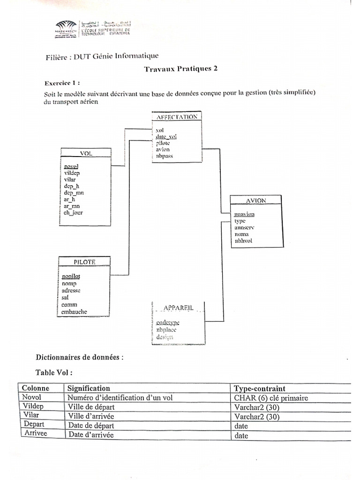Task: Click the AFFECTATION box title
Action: (x=177, y=117)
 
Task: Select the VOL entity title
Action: (x=86, y=153)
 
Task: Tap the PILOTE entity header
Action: (x=84, y=262)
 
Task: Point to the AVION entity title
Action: (x=256, y=200)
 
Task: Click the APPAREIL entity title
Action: (x=178, y=307)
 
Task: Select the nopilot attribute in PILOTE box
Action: (x=71, y=276)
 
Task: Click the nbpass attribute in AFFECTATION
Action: (x=165, y=156)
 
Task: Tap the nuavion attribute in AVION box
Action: (x=244, y=214)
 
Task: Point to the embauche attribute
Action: (x=75, y=312)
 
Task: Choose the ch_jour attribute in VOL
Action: (x=73, y=213)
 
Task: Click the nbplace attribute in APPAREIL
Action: (x=166, y=330)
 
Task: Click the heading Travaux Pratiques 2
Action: (x=180, y=68)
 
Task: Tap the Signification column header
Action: (x=89, y=389)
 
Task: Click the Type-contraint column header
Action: (x=259, y=389)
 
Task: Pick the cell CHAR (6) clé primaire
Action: (x=268, y=398)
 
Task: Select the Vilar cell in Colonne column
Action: (x=30, y=415)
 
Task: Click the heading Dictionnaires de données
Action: (x=80, y=357)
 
